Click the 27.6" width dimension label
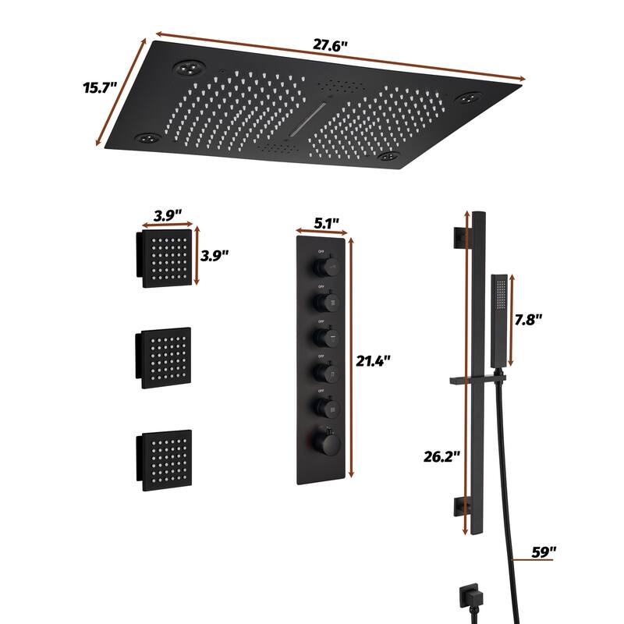(330, 45)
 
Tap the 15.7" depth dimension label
(101, 87)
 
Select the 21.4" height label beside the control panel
(373, 361)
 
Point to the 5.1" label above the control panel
(326, 224)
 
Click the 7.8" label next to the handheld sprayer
(528, 320)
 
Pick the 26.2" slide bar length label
(441, 456)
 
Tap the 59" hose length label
(544, 552)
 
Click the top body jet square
(165, 258)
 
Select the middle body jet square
(164, 358)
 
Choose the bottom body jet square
(164, 460)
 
